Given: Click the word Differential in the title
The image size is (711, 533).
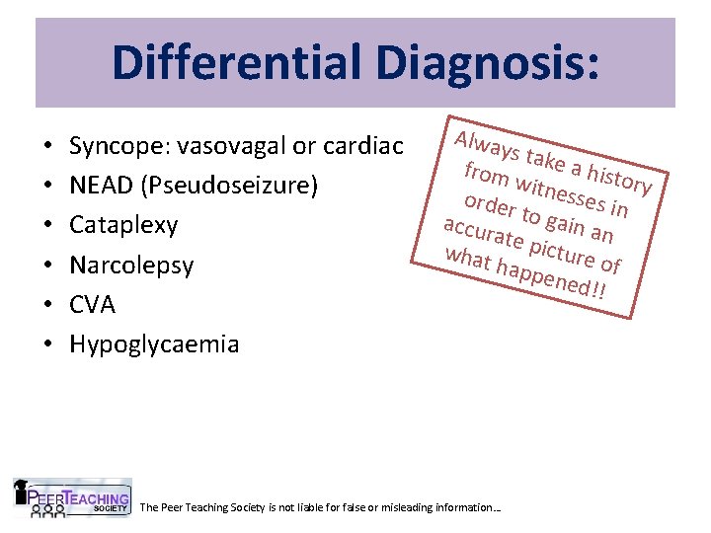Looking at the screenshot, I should point(235,61).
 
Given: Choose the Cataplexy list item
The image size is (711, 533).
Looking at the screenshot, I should point(123,226).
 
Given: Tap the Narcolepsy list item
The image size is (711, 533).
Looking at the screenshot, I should point(130,266).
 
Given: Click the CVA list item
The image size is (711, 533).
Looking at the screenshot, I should point(92,305).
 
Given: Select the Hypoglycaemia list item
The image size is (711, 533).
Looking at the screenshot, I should point(153,344).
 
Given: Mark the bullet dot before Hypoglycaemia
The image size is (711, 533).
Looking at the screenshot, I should point(48,345).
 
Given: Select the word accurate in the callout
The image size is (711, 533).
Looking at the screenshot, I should point(482,234).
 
